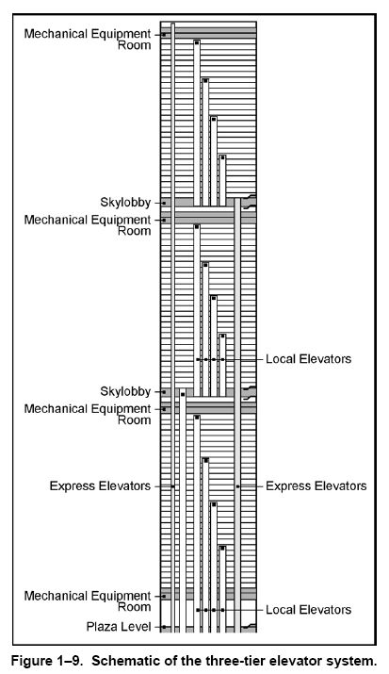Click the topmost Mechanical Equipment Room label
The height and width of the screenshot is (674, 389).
pyautogui.click(x=88, y=39)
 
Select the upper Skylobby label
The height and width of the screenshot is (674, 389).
pyautogui.click(x=125, y=202)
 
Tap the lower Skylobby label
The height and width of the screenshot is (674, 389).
pyautogui.click(x=125, y=391)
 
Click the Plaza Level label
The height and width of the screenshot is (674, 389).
pyautogui.click(x=119, y=627)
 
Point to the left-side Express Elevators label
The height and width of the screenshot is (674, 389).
pyautogui.click(x=100, y=486)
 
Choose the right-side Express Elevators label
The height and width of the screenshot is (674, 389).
pyautogui.click(x=316, y=486)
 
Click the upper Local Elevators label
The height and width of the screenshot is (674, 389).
pyautogui.click(x=308, y=359)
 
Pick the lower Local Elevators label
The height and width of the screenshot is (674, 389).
pyautogui.click(x=308, y=610)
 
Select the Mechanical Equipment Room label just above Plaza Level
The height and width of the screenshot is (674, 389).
pyautogui.click(x=88, y=601)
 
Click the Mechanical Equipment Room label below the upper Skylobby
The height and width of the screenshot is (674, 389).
pyautogui.click(x=88, y=225)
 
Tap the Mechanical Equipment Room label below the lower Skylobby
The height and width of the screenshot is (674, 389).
pyautogui.click(x=88, y=414)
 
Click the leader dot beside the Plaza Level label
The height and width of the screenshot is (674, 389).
pyautogui.click(x=164, y=627)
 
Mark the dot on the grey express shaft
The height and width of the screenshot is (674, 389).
pyautogui.click(x=237, y=486)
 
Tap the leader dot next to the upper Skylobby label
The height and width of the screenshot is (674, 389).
pyautogui.click(x=164, y=203)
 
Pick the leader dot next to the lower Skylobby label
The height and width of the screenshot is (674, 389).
pyautogui.click(x=164, y=392)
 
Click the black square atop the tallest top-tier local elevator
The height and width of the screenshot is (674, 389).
pyautogui.click(x=197, y=42)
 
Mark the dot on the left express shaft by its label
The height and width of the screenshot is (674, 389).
pyautogui.click(x=173, y=486)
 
